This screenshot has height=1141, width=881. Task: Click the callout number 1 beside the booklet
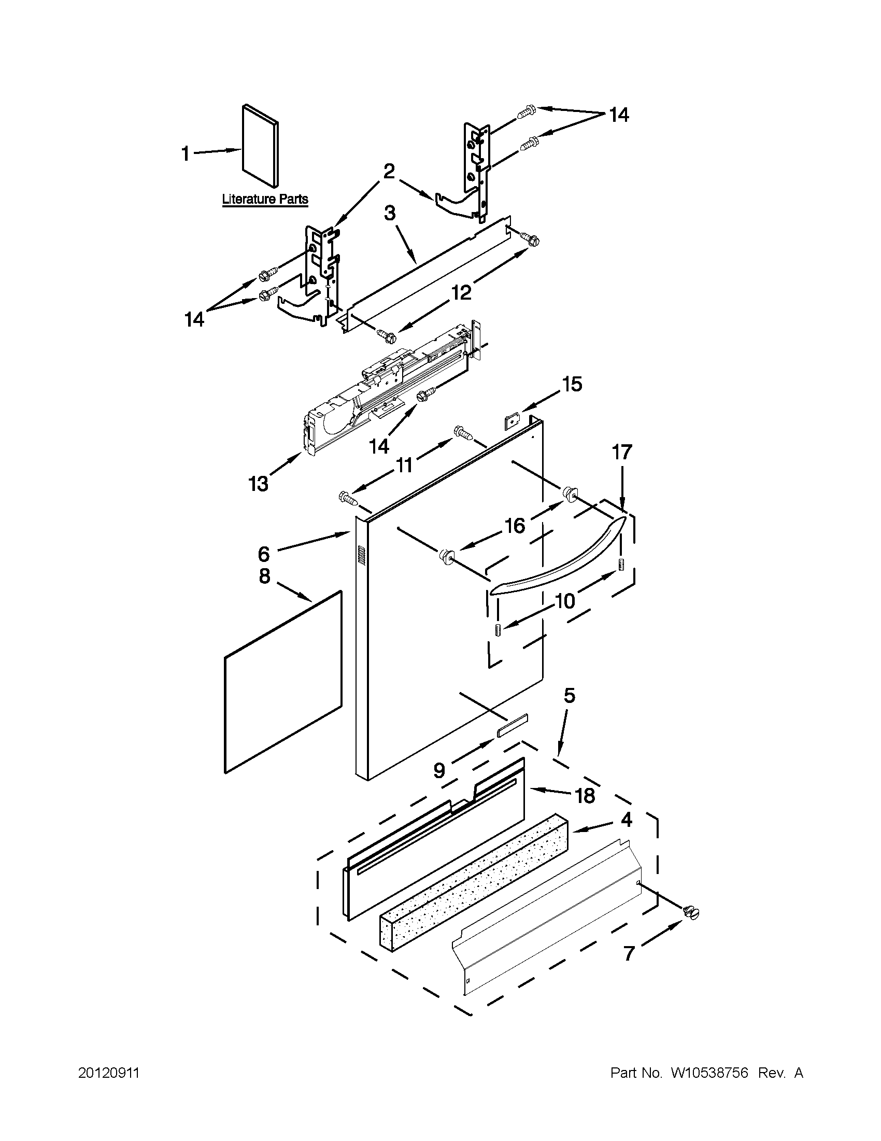coord(186,154)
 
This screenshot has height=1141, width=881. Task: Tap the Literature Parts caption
coord(265,199)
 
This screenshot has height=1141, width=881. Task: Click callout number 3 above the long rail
coord(390,214)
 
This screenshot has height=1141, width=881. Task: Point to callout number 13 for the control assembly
coord(259,484)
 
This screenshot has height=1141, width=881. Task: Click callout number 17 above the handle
coord(621,452)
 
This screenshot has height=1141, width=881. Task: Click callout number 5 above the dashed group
coord(569,695)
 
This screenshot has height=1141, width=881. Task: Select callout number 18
coord(585,796)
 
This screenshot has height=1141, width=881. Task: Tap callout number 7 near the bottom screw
coord(629,953)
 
